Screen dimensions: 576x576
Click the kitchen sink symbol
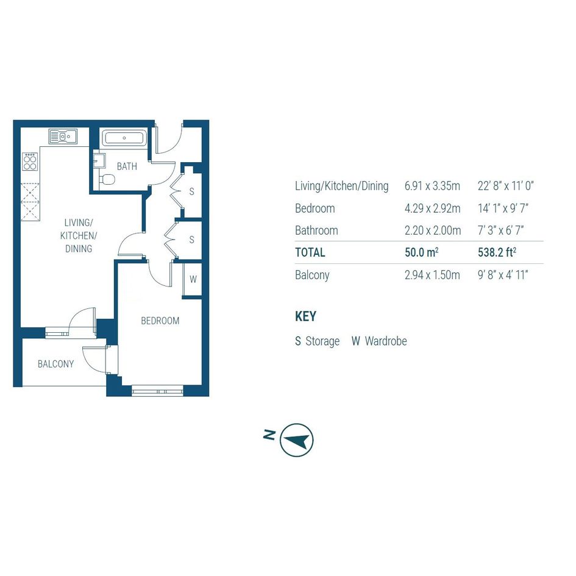point(63,137)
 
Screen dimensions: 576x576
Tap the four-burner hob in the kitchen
point(30,162)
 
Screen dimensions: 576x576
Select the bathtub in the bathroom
point(124,138)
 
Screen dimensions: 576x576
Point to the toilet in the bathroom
point(107,180)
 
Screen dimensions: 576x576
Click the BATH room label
point(127,166)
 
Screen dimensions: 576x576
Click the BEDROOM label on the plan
point(160,321)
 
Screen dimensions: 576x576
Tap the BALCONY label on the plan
point(56,364)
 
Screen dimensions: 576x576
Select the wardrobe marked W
point(193,279)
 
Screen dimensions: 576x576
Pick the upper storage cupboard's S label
point(192,191)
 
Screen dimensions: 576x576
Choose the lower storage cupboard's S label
point(192,240)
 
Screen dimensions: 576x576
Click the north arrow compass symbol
point(296,439)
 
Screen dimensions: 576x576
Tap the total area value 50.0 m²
point(421,252)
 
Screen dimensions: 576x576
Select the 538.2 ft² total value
point(497,252)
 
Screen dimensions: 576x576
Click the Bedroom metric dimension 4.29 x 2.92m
point(432,208)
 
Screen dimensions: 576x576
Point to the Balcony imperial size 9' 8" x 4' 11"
point(503,275)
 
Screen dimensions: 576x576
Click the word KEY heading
point(305,316)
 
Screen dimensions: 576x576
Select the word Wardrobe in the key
point(386,341)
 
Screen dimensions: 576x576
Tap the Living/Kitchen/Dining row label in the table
point(341,186)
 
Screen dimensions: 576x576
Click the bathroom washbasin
point(99,161)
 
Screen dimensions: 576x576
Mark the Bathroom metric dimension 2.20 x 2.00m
point(433,230)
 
